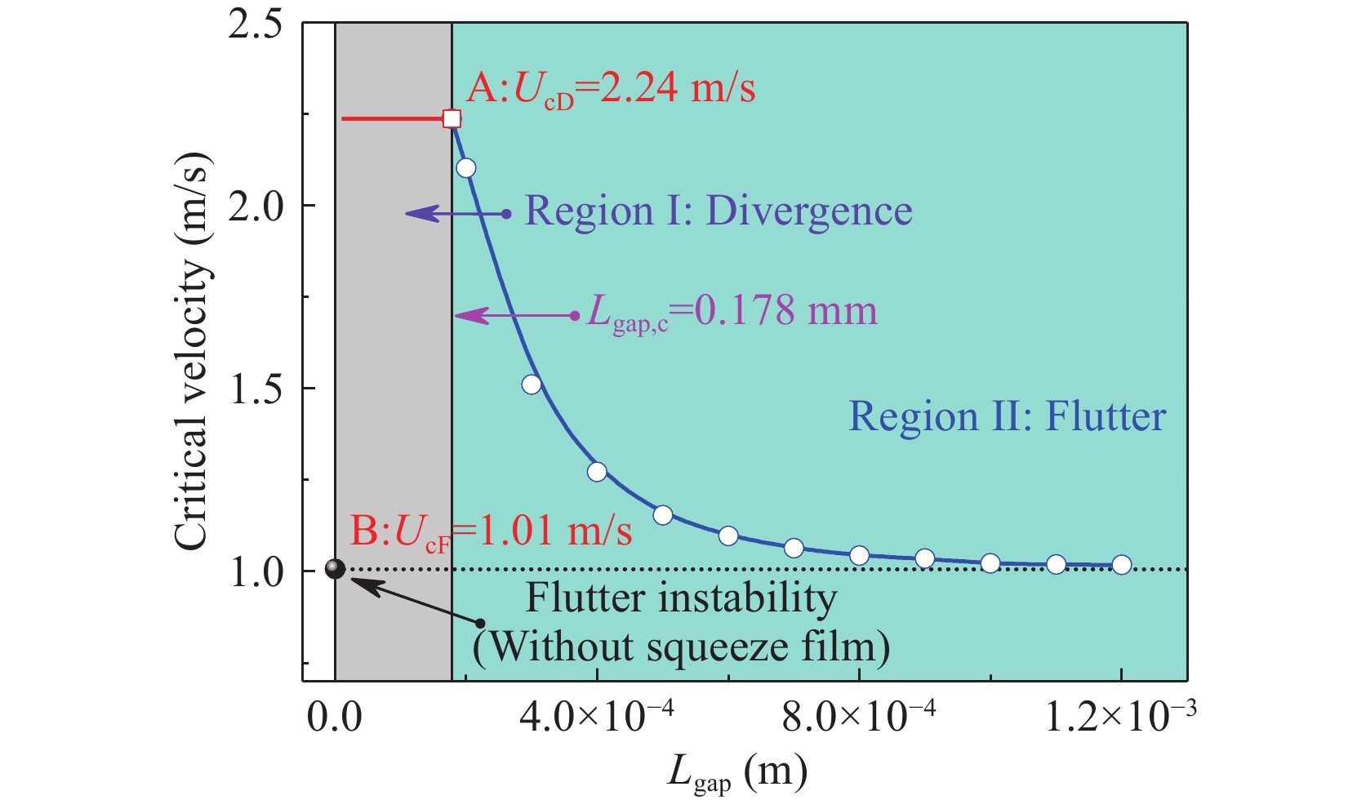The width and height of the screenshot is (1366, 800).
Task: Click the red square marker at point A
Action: [x=452, y=119]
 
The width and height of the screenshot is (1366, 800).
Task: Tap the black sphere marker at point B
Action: [x=335, y=569]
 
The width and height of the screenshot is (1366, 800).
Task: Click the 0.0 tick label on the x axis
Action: [x=335, y=718]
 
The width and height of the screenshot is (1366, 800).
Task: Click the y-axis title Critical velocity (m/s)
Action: [x=193, y=351]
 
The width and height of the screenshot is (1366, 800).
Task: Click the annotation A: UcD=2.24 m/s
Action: [x=611, y=88]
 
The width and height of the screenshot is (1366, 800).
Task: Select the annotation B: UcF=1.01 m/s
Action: [x=491, y=532]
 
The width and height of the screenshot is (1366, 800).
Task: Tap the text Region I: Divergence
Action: [x=718, y=211]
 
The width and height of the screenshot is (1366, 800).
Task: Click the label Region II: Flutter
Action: [x=1007, y=416]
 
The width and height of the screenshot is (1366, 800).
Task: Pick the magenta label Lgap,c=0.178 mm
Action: [x=732, y=312]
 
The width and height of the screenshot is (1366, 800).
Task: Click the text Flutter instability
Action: [x=681, y=598]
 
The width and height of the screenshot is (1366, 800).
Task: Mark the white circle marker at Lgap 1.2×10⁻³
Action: [x=1121, y=565]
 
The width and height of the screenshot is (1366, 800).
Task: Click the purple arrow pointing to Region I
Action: [x=457, y=214]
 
